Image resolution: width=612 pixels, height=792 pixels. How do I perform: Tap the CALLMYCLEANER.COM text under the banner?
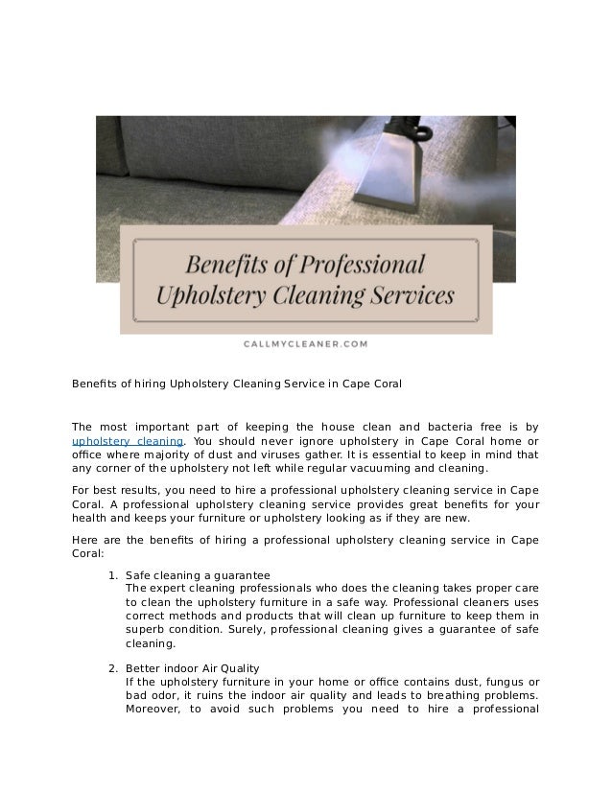pos(305,340)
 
